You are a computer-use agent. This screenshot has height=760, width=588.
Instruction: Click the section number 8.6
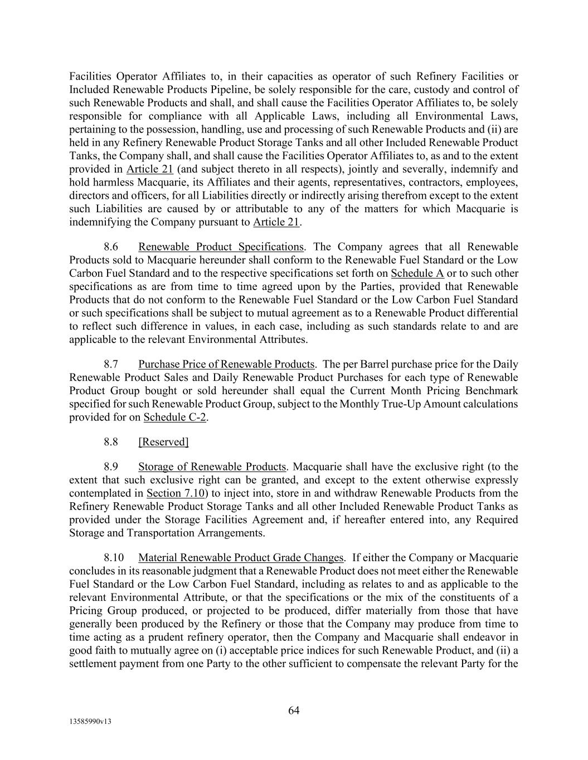tap(111, 247)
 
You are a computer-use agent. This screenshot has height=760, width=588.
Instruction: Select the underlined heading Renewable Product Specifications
tap(221, 247)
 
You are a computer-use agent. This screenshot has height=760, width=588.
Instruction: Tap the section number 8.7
tap(111, 364)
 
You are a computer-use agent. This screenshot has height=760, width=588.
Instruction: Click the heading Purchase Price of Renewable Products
tap(226, 364)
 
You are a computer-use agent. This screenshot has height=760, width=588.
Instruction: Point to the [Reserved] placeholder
tap(163, 442)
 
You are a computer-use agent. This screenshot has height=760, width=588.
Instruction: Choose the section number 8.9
tap(111, 467)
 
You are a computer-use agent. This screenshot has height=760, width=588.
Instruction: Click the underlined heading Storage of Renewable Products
tap(212, 467)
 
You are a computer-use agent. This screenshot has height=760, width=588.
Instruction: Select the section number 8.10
tap(113, 557)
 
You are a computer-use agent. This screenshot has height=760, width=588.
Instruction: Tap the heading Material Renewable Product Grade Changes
tap(241, 557)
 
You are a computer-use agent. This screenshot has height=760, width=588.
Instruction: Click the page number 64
tap(294, 710)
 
